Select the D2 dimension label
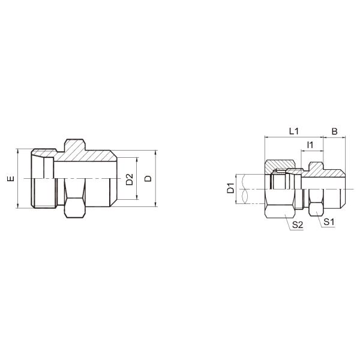(x=129, y=179)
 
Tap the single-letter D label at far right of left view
(x=148, y=179)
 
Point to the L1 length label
(x=294, y=130)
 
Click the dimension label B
(x=334, y=130)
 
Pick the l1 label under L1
(x=310, y=145)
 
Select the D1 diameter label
(x=230, y=190)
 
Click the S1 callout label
(x=328, y=222)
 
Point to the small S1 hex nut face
(x=316, y=208)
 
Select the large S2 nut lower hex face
(x=281, y=210)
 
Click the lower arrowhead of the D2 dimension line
(x=137, y=197)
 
